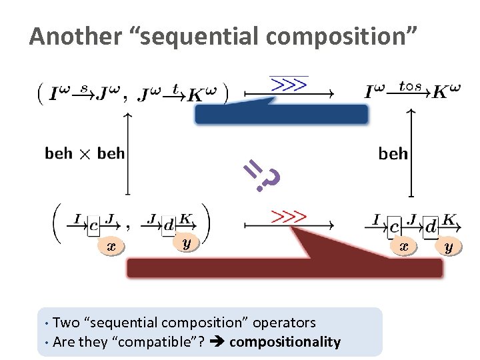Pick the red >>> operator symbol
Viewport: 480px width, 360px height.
point(287,217)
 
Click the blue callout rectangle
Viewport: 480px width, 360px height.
point(281,114)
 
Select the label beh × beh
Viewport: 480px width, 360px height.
point(84,154)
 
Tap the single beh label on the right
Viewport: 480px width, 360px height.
point(393,154)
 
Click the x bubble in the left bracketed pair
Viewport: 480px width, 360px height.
point(111,246)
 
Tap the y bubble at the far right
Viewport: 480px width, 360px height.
point(449,247)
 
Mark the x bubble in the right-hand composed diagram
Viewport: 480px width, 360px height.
point(403,247)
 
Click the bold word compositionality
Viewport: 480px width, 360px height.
point(294,342)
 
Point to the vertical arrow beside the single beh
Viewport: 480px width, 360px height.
point(411,154)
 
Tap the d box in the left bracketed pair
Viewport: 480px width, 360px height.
point(169,226)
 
